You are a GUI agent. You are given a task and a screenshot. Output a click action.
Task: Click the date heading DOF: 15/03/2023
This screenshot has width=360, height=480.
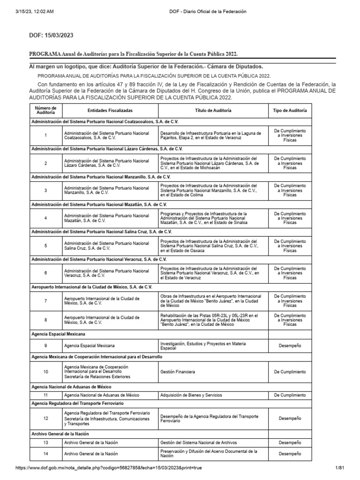(x=52, y=35)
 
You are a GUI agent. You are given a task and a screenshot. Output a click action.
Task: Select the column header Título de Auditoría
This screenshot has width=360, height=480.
(x=213, y=110)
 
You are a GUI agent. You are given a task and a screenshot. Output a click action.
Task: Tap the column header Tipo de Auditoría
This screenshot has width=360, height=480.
(x=290, y=110)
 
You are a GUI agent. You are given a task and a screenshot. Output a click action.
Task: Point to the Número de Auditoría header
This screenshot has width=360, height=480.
(x=45, y=110)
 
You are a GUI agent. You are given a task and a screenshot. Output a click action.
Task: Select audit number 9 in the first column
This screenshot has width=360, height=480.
(x=45, y=345)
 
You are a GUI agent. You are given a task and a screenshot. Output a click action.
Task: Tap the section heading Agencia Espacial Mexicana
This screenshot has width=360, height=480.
(x=58, y=334)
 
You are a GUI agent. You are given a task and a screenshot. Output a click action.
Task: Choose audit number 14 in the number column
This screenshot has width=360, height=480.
(x=45, y=454)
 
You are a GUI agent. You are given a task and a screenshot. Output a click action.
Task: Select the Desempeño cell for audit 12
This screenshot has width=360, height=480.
(x=290, y=418)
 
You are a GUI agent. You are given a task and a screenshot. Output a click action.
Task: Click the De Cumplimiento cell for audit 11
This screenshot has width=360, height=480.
(x=290, y=395)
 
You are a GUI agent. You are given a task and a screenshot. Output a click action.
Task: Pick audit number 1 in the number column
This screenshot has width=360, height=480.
(x=45, y=135)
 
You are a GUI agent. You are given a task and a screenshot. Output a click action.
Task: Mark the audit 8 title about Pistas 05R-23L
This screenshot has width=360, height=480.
(x=209, y=319)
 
